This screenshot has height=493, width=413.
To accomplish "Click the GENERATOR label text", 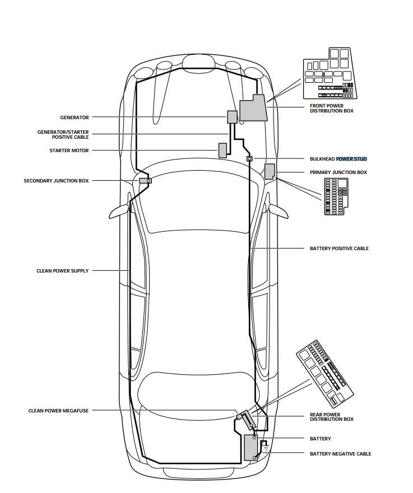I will tap(74, 118).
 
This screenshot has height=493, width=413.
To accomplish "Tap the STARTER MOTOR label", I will tap(69, 151).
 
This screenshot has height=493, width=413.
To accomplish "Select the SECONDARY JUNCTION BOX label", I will tap(56, 181).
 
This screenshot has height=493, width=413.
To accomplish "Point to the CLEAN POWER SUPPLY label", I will tap(62, 271).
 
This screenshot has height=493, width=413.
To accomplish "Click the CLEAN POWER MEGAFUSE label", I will tap(58, 411).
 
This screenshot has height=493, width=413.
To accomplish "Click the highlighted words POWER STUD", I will tap(351, 159).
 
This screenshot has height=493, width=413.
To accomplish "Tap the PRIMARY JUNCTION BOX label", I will tap(338, 172).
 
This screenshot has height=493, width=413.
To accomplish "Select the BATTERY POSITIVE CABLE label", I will tap(339, 248).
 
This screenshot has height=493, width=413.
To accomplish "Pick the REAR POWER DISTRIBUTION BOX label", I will tap(331, 416).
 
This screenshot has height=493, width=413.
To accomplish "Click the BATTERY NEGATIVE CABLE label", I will tap(340, 454).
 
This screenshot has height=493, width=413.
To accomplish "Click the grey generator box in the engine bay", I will tap(232, 116).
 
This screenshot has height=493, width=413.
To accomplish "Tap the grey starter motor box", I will tap(222, 151).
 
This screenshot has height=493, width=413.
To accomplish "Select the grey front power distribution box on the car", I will tap(253, 109).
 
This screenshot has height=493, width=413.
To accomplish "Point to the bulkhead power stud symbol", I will tap(249, 159).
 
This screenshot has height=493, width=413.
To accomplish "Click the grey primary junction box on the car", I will tap(270, 171).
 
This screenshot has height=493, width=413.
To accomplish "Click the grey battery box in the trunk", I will tap(250, 447).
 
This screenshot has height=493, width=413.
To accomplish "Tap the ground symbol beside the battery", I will tap(266, 447).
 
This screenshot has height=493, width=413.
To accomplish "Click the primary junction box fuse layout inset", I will tap(338, 196).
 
